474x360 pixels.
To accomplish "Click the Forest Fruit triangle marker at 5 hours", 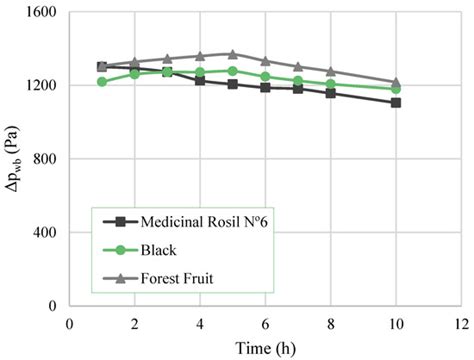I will [x=232, y=54].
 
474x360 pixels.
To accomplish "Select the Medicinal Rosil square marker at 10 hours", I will [x=396, y=102].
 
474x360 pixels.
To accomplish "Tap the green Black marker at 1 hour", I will [x=102, y=81].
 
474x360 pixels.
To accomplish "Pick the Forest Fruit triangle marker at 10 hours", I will [x=396, y=82].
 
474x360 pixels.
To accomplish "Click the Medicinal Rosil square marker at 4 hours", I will [x=200, y=80].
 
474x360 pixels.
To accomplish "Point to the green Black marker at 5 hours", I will [x=232, y=70].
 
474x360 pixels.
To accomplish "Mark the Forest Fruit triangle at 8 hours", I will [x=331, y=71].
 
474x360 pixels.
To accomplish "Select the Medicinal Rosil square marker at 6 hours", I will [x=265, y=87].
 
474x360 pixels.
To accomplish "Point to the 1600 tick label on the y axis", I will [x=39, y=13].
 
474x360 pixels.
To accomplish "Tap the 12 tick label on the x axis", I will [x=461, y=323].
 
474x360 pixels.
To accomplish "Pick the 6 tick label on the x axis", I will [x=265, y=323].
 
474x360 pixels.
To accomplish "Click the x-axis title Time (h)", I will [x=265, y=347].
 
